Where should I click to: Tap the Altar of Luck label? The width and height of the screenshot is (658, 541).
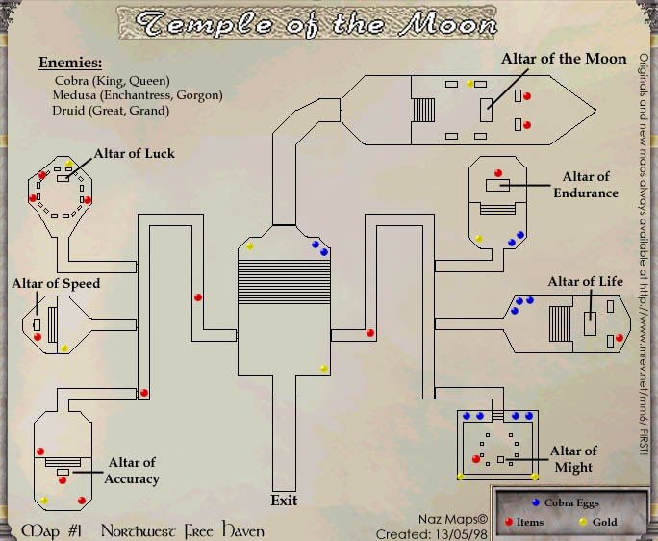pos(134,154)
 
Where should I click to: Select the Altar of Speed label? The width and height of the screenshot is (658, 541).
pos(56,284)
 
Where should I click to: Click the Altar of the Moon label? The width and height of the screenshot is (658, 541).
pos(564,59)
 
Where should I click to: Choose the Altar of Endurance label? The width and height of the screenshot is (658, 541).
pos(585,184)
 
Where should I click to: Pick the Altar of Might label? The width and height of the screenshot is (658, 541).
pos(573,459)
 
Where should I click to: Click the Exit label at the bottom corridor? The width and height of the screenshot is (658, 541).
pos(284,500)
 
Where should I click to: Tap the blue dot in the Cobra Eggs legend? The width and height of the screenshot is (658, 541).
pos(535,502)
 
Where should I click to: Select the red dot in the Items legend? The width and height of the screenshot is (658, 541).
pos(510,523)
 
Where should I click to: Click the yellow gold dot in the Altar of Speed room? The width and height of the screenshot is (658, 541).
pos(64,348)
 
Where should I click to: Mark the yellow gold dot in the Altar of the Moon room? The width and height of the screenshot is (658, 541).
pos(470,84)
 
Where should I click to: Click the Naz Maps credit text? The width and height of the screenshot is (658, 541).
pos(462,520)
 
